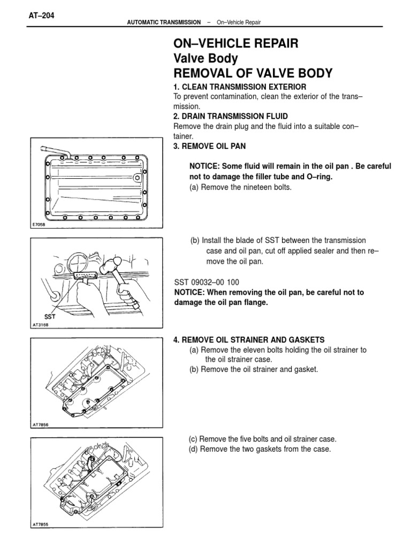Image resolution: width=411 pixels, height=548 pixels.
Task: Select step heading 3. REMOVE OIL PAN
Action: [x=210, y=146]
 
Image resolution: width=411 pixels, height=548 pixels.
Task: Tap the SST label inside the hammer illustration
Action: [x=50, y=317]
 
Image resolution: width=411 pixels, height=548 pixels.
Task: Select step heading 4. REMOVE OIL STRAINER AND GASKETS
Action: [x=249, y=340]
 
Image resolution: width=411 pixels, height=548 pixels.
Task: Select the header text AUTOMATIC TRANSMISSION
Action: [x=163, y=22]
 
